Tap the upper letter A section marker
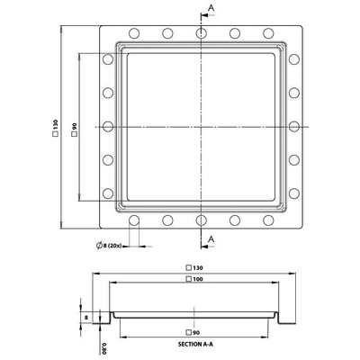coord(212,7)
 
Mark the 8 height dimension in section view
coord(86,318)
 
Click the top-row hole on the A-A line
coord(200,34)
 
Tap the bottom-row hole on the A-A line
coord(200,220)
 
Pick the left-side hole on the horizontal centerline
coord(107,127)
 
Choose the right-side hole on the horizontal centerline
coord(292,127)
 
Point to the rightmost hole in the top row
coord(267,34)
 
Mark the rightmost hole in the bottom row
coord(267,220)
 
